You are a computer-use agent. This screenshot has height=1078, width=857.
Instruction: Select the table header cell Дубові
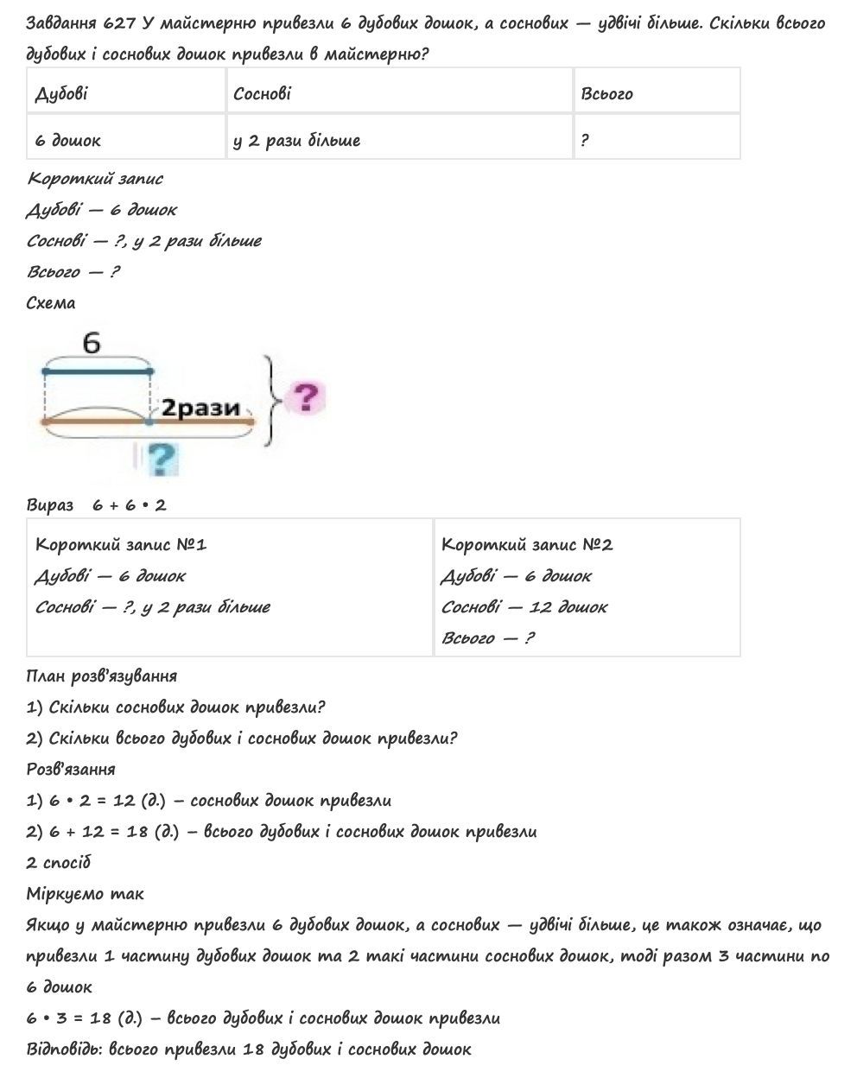coord(61,93)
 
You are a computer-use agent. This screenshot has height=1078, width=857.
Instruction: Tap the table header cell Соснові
coord(262,93)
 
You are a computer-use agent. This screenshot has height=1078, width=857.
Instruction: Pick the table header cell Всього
coord(606,93)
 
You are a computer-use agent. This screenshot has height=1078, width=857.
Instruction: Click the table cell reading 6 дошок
coord(68,140)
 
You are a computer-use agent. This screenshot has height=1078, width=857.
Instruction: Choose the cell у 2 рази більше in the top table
coord(296,140)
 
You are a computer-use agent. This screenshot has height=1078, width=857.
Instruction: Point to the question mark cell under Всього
coord(585,140)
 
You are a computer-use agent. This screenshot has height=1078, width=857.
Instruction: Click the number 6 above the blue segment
coord(92,344)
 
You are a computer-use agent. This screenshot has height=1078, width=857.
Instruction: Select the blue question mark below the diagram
coord(162,459)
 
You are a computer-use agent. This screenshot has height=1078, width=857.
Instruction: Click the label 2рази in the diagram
coord(201,408)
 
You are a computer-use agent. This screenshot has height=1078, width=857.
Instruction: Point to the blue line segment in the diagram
coord(97,371)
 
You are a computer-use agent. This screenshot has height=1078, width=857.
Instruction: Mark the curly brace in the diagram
coord(272,399)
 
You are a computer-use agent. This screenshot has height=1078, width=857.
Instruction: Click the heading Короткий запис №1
coord(121,544)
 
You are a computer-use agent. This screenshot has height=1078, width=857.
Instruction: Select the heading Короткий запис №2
coord(527,544)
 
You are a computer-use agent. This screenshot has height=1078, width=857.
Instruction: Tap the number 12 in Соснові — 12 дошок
coord(540,606)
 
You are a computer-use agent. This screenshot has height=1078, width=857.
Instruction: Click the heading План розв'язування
coord(102,675)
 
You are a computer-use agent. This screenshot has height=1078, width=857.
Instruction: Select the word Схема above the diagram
coord(51,302)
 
